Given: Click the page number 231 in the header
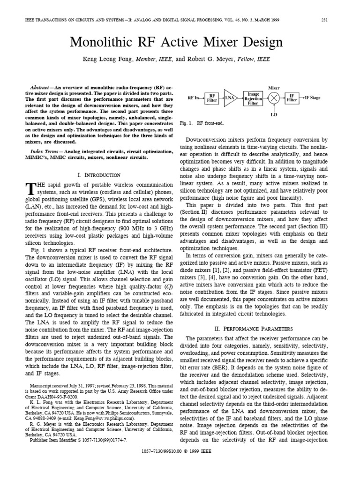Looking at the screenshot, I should [x=324, y=20].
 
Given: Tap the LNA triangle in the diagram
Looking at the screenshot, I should [x=230, y=97].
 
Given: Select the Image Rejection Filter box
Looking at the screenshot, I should [x=253, y=97].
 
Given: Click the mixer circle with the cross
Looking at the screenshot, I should [x=274, y=97].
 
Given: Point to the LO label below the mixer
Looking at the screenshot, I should [x=274, y=114].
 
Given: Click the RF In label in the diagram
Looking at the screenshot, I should [x=194, y=97].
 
